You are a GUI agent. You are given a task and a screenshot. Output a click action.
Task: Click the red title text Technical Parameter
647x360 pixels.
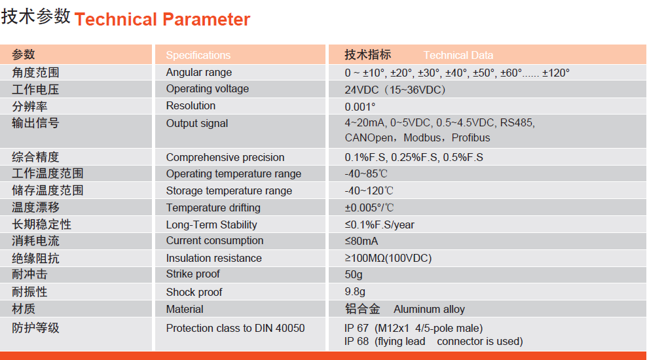(162, 20)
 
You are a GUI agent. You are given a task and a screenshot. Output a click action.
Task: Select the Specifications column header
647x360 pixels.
(198, 55)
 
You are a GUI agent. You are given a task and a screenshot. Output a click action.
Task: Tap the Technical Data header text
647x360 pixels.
(458, 55)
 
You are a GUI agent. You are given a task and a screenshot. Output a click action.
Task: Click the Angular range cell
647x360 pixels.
(199, 73)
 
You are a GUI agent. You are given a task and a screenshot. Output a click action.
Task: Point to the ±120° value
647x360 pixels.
(556, 73)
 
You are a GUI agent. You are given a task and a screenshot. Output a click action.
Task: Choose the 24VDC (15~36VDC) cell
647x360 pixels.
(396, 90)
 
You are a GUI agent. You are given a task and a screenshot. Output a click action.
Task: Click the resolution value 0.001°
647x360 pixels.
(360, 107)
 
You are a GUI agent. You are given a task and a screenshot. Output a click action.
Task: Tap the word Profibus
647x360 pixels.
(471, 137)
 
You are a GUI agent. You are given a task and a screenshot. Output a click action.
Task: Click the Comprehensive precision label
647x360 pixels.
(225, 158)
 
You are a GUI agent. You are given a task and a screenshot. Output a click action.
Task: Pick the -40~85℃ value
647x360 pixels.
(366, 174)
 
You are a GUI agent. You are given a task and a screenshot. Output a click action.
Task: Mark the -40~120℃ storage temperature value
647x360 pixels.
(369, 191)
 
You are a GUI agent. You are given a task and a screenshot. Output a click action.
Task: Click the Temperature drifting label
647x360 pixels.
(213, 208)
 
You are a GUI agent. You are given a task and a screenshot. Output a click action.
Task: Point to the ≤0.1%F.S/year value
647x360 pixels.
(380, 225)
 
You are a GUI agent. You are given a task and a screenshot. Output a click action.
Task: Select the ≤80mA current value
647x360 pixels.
(361, 242)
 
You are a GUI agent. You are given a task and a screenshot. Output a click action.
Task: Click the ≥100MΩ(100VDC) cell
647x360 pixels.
(388, 258)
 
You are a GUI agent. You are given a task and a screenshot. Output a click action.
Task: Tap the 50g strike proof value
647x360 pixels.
(354, 275)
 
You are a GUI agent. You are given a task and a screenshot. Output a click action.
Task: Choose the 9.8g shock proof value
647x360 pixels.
(355, 292)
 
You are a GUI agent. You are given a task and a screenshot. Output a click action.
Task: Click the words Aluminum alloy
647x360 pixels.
(429, 310)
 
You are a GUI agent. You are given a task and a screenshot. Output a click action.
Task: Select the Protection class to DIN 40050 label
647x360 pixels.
(235, 328)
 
